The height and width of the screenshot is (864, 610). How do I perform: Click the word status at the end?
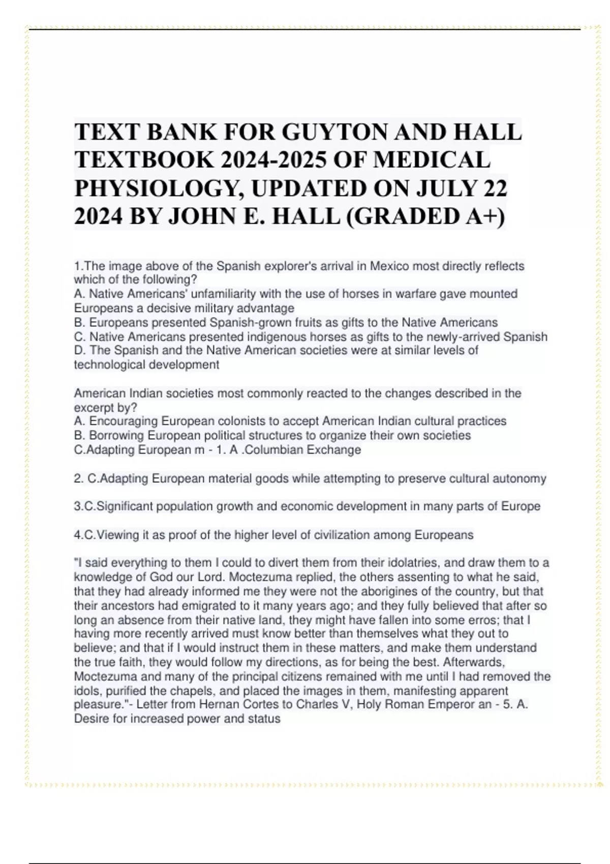pos(264,719)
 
